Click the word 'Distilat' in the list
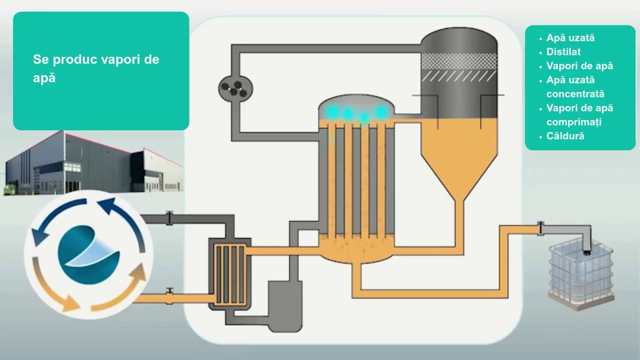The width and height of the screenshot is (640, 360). (x=563, y=51)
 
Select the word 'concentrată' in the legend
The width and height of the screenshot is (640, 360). (x=575, y=93)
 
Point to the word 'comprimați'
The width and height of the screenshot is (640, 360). (x=573, y=122)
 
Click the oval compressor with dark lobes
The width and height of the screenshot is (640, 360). (x=235, y=88)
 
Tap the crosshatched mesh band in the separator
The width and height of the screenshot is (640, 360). (x=459, y=61)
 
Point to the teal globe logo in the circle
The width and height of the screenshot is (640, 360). (x=88, y=255)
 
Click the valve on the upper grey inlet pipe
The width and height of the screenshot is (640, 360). (x=169, y=218)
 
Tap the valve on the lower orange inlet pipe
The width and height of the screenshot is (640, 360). (x=169, y=296)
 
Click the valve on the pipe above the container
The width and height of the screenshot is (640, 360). (x=540, y=228)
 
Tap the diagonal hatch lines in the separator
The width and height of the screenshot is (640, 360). (x=459, y=76)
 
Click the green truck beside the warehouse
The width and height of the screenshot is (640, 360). (x=10, y=189)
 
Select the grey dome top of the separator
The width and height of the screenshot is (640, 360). (x=459, y=40)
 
